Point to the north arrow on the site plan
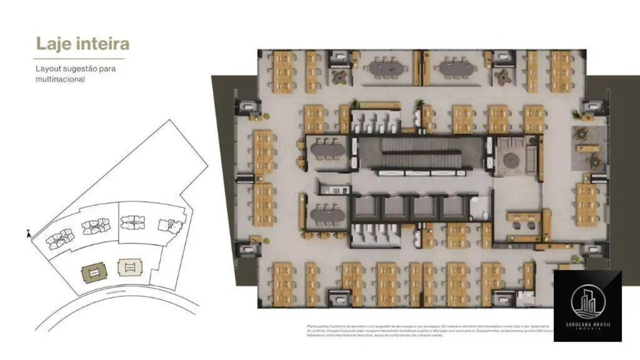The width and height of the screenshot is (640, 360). (x=28, y=234)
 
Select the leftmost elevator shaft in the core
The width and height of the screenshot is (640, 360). (x=368, y=208)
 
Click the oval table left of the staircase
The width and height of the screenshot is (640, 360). (x=328, y=150)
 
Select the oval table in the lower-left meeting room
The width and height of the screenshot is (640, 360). (x=328, y=213)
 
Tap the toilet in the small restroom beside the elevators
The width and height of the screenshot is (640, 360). (x=484, y=214)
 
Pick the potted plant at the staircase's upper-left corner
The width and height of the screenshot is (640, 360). (x=360, y=105)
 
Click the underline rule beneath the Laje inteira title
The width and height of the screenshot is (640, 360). (x=79, y=59)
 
